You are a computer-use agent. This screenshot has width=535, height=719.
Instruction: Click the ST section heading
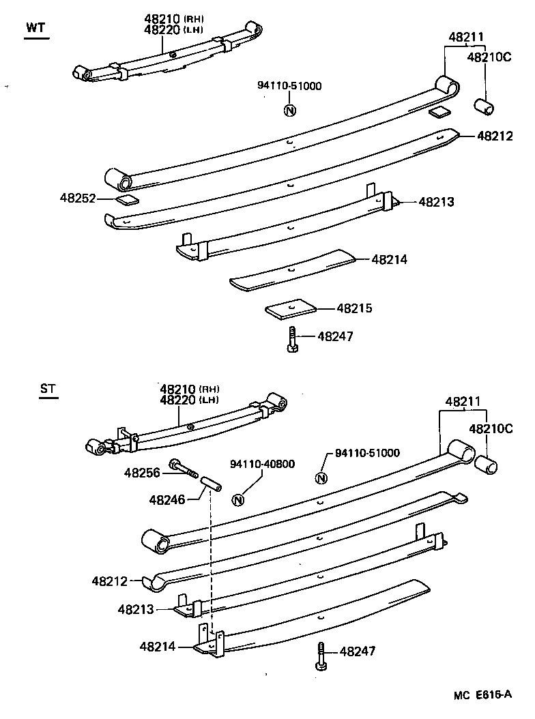tap(48, 390)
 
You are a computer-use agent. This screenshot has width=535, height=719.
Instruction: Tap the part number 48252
tap(78, 198)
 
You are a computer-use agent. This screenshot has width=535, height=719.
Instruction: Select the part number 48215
tap(354, 308)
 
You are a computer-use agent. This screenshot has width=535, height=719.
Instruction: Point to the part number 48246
tap(167, 500)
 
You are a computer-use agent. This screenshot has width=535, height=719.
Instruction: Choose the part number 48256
tap(141, 471)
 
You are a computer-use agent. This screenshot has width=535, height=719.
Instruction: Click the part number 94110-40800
tap(263, 464)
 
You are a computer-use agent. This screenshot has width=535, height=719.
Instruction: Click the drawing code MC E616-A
tap(482, 695)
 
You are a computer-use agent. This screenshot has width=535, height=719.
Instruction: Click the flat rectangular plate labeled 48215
tap(292, 308)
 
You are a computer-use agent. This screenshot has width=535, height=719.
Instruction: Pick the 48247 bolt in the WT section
tap(292, 339)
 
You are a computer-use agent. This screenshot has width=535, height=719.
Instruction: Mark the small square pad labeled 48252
tap(126, 199)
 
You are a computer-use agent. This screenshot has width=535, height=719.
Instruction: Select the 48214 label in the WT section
tap(389, 259)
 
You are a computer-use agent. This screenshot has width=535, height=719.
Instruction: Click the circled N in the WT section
tap(289, 111)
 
